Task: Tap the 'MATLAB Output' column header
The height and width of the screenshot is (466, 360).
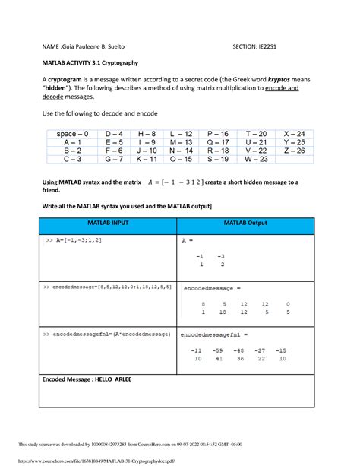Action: [x=246, y=226]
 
